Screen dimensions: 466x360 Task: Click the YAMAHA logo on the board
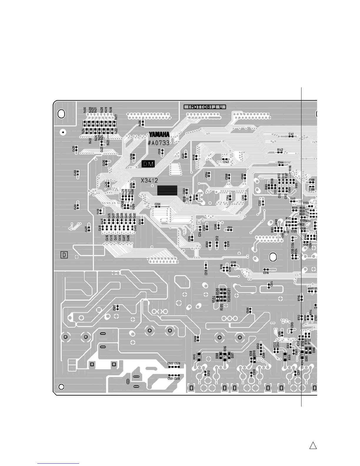pyautogui.click(x=159, y=134)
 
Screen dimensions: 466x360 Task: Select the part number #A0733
pyautogui.click(x=159, y=143)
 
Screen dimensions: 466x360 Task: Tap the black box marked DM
pyautogui.click(x=148, y=164)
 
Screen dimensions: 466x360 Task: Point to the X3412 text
pyautogui.click(x=149, y=180)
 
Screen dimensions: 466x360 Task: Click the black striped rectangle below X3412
pyautogui.click(x=167, y=190)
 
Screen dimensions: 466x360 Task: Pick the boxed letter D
pyautogui.click(x=64, y=255)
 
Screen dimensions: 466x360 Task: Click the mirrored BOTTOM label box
pyautogui.click(x=205, y=107)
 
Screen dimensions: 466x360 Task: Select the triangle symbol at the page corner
pyautogui.click(x=313, y=445)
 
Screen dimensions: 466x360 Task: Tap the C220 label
pyautogui.click(x=158, y=204)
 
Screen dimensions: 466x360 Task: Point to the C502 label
pyautogui.click(x=170, y=364)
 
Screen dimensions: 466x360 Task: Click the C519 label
pyautogui.click(x=177, y=379)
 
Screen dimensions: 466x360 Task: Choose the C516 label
pyautogui.click(x=266, y=273)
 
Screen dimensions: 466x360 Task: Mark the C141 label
pyautogui.click(x=291, y=134)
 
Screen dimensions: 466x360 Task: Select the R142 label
pyautogui.click(x=280, y=150)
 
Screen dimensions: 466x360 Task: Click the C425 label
pyautogui.click(x=73, y=149)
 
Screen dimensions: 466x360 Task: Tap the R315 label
pyautogui.click(x=194, y=357)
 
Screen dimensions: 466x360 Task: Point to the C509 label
pyautogui.click(x=248, y=310)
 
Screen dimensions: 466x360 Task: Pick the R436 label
pyautogui.click(x=140, y=123)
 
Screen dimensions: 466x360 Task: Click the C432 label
pyautogui.click(x=75, y=173)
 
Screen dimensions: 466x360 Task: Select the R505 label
pyautogui.click(x=221, y=307)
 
